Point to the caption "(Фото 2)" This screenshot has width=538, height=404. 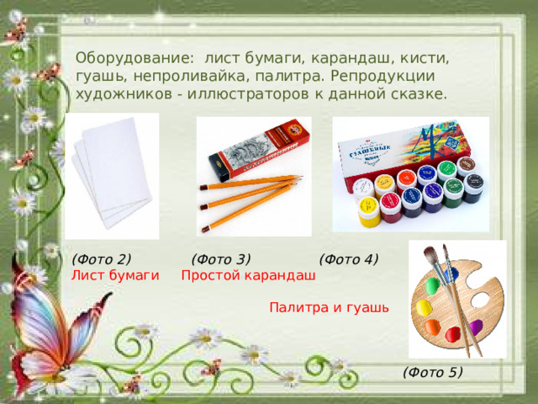101,259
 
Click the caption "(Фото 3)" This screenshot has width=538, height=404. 221,259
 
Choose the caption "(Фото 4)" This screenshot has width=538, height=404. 349,259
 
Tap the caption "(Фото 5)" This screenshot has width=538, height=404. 433,370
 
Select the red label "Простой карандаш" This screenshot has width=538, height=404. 249,275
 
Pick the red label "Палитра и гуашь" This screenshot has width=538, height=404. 329,307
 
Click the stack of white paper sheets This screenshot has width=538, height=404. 110,173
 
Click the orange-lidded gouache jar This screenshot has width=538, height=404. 407,179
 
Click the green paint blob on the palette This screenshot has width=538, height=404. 433,284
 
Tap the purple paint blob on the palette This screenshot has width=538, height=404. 476,327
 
